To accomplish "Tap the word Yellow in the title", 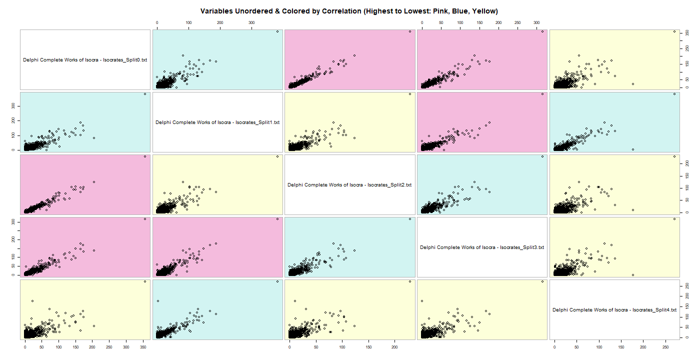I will (485, 10).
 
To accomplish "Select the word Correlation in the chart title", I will (330, 10).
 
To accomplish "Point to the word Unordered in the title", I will (251, 10).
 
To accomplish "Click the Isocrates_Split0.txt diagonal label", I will (85, 60).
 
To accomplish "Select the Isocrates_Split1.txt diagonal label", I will (217, 122).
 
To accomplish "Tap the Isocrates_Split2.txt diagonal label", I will (349, 185).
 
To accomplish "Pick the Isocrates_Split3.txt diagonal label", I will (482, 247).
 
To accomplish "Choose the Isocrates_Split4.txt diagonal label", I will (614, 310).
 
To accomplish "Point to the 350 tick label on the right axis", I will (688, 32).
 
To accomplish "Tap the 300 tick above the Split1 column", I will (251, 23).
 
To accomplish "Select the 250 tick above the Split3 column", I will (517, 23).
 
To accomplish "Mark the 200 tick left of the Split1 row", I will (13, 121).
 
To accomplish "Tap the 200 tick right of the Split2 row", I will (688, 163).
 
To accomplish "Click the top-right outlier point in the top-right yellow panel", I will (674, 31).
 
